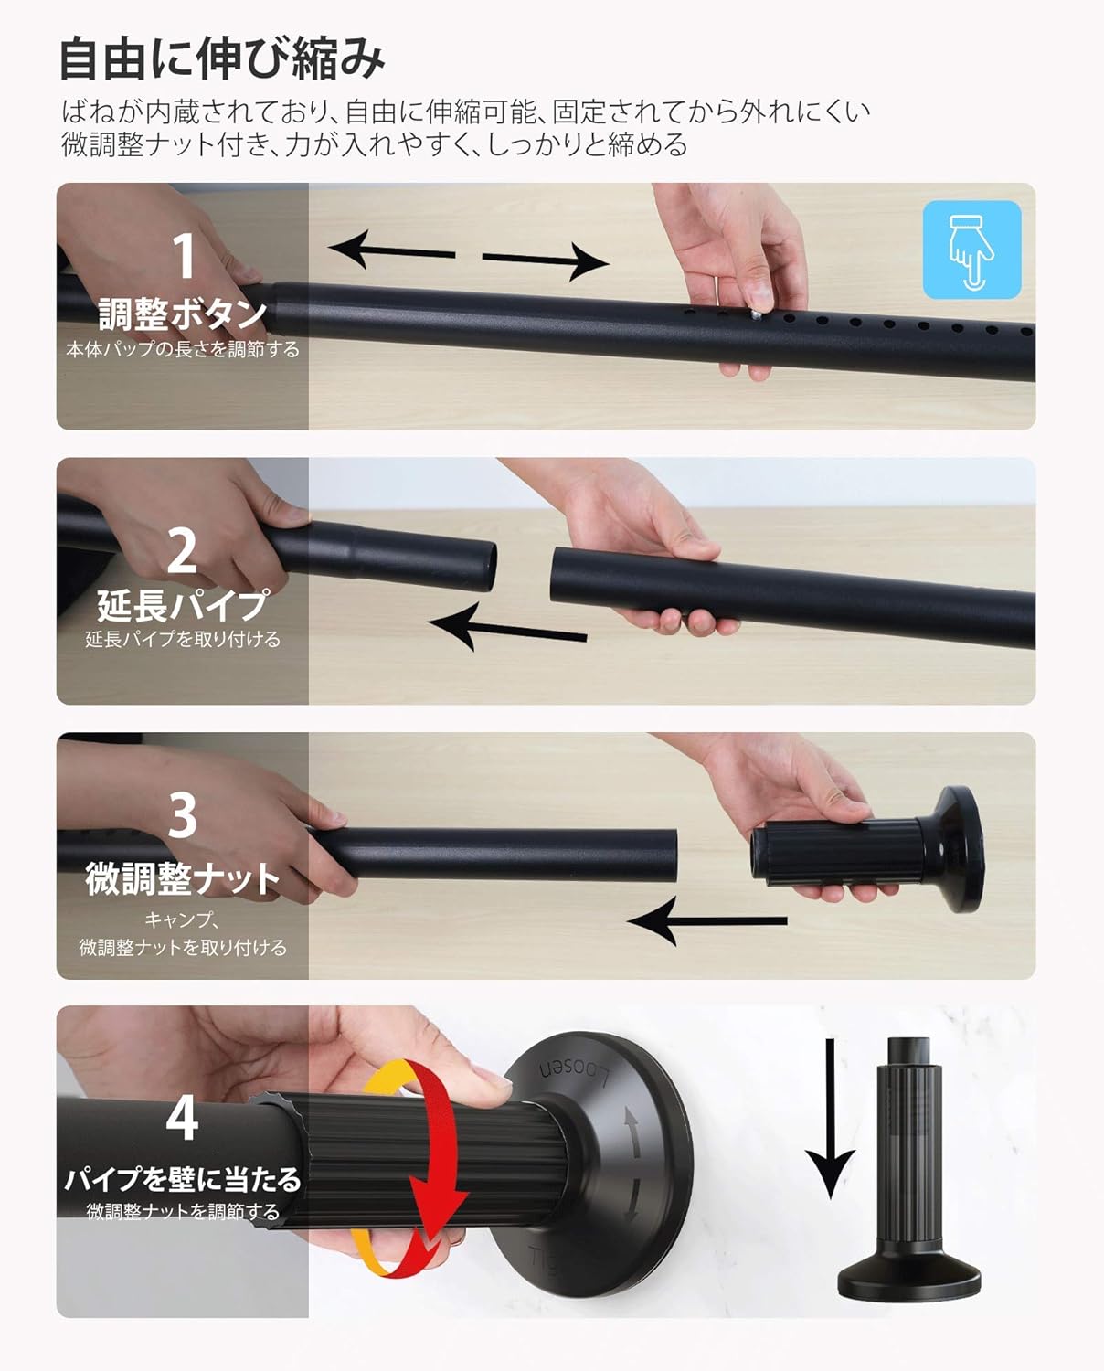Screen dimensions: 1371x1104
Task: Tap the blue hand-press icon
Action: (x=971, y=250)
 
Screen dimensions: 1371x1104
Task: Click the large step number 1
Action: (x=184, y=256)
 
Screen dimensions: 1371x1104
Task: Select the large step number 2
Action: (x=182, y=551)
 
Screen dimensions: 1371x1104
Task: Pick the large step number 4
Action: (x=182, y=1117)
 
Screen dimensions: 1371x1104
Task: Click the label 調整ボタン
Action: (x=182, y=314)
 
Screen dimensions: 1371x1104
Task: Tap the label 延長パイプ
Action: (x=182, y=604)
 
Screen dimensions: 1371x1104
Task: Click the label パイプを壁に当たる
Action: (x=182, y=1179)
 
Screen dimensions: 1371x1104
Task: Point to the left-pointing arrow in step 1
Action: (x=390, y=250)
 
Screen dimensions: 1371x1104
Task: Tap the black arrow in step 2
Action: (x=506, y=630)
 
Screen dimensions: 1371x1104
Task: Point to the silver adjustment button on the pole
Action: (x=757, y=314)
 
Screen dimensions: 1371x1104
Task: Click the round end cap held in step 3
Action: (x=947, y=848)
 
